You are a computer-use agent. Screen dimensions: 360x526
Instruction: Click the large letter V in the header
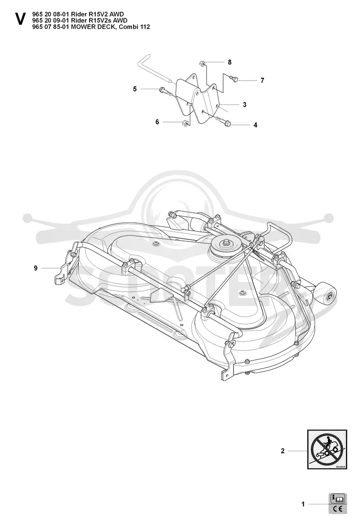click(x=20, y=19)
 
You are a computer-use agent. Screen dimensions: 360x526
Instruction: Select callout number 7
click(x=262, y=81)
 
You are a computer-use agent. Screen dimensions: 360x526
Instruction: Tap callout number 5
click(x=135, y=89)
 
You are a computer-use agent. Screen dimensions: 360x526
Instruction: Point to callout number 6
click(x=157, y=122)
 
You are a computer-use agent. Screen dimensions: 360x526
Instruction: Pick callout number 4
click(x=256, y=125)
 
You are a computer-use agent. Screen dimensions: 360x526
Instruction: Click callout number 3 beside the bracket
click(x=245, y=104)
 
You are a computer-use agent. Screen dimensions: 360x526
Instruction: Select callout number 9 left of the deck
click(x=36, y=268)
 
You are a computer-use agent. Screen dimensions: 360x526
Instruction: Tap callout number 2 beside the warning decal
click(x=283, y=451)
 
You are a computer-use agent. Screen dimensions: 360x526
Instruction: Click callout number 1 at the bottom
click(x=303, y=504)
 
